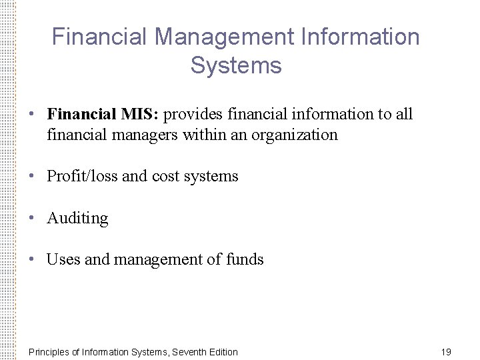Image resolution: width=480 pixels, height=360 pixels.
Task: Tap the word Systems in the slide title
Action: [x=236, y=66]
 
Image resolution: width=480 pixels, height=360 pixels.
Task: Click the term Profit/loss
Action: [x=82, y=177]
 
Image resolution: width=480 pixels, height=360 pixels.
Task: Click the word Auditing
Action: [x=77, y=219]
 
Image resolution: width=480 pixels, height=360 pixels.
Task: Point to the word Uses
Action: [x=63, y=260]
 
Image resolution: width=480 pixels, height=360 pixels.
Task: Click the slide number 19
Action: [x=446, y=352]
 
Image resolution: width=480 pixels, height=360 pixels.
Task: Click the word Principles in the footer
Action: [x=49, y=352]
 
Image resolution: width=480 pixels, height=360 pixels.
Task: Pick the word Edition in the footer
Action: [x=223, y=352]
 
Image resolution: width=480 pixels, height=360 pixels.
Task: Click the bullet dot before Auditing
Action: [x=32, y=218]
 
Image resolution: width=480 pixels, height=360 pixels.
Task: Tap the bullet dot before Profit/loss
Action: [x=32, y=176]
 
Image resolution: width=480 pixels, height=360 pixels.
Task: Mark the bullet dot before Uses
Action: [x=32, y=259]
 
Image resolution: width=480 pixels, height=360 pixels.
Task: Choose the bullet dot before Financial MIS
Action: [x=32, y=114]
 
